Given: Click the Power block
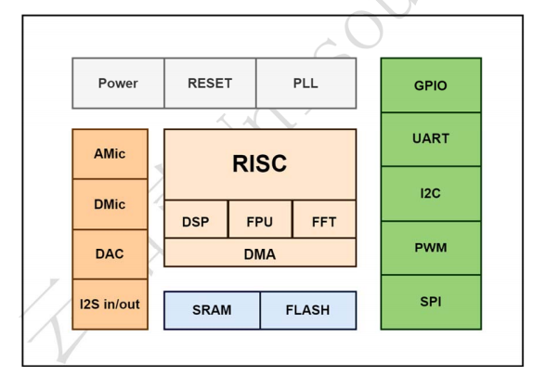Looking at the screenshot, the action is pyautogui.click(x=118, y=84).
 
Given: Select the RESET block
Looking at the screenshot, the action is pyautogui.click(x=210, y=84).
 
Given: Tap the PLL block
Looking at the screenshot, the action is pyautogui.click(x=306, y=84).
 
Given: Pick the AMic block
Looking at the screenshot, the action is pyautogui.click(x=110, y=154).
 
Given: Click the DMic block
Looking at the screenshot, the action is pyautogui.click(x=110, y=204).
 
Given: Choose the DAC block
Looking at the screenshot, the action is pyautogui.click(x=110, y=254).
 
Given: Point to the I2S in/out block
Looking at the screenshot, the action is pyautogui.click(x=110, y=305).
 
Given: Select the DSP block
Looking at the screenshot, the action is pyautogui.click(x=196, y=219).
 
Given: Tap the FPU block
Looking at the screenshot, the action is pyautogui.click(x=260, y=219).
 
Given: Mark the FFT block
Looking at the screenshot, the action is pyautogui.click(x=324, y=219).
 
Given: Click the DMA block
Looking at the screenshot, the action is pyautogui.click(x=260, y=253).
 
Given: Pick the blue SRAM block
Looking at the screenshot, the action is pyautogui.click(x=212, y=310).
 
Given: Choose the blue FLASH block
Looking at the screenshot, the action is pyautogui.click(x=308, y=310).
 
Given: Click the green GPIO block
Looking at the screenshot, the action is pyautogui.click(x=431, y=85).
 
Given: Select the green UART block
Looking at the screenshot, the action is pyautogui.click(x=431, y=139).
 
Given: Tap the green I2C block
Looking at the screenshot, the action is pyautogui.click(x=431, y=194).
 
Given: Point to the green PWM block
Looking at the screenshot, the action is pyautogui.click(x=431, y=248).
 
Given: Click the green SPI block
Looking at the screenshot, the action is pyautogui.click(x=431, y=303).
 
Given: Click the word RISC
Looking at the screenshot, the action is pyautogui.click(x=260, y=163).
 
